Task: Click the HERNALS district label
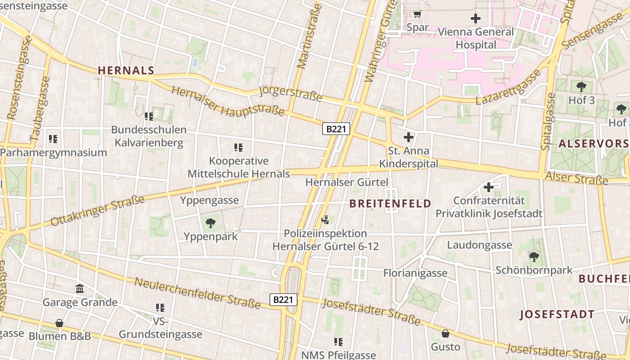pyautogui.click(x=126, y=71)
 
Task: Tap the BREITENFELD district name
pyautogui.click(x=390, y=204)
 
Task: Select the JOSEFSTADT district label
pyautogui.click(x=557, y=315)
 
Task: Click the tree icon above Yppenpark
pyautogui.click(x=210, y=223)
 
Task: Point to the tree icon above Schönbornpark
pyautogui.click(x=534, y=257)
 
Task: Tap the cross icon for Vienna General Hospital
pyautogui.click(x=475, y=18)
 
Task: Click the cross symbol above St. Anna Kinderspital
pyautogui.click(x=409, y=137)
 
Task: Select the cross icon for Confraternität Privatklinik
pyautogui.click(x=489, y=187)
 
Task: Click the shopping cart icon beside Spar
pyautogui.click(x=417, y=14)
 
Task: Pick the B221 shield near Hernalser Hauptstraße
pyautogui.click(x=336, y=129)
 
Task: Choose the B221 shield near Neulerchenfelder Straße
pyautogui.click(x=284, y=300)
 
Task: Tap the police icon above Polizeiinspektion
pyautogui.click(x=325, y=220)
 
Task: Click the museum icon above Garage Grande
pyautogui.click(x=80, y=288)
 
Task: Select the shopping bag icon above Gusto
pyautogui.click(x=445, y=333)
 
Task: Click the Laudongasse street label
pyautogui.click(x=479, y=245)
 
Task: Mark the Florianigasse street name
pyautogui.click(x=415, y=273)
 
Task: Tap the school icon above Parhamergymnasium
pyautogui.click(x=53, y=139)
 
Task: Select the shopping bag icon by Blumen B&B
pyautogui.click(x=59, y=323)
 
